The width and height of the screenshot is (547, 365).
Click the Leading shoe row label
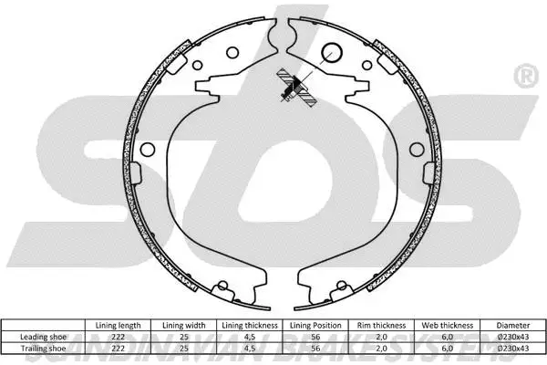(43, 337)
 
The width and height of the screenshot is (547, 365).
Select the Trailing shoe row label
(43, 347)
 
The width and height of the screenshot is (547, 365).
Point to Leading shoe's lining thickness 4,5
(248, 337)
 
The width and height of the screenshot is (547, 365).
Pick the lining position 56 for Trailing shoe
(315, 347)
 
